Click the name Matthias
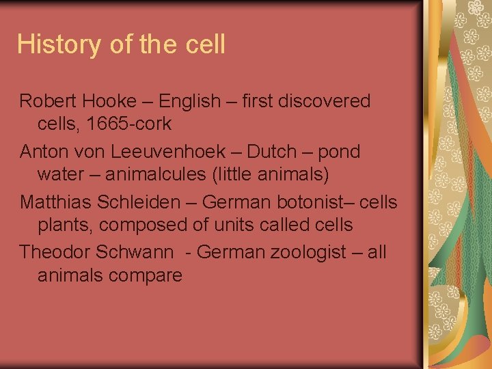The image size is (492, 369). click(x=57, y=202)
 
